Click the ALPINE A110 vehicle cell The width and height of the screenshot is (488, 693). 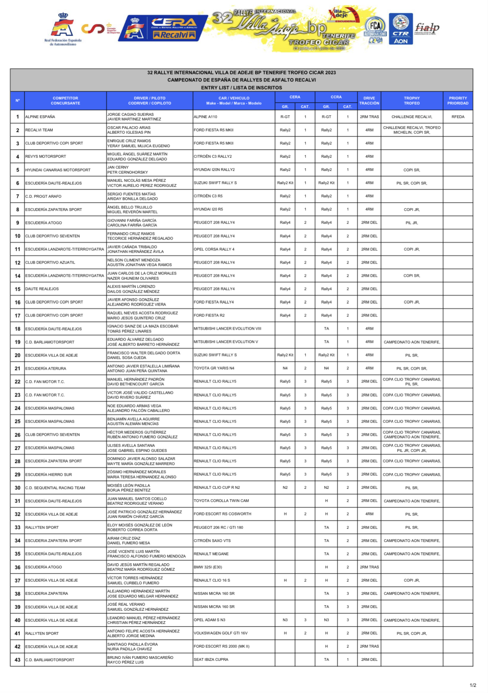[206, 117]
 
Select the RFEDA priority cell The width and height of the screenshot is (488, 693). [458, 117]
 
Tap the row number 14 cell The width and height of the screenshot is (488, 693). [17, 276]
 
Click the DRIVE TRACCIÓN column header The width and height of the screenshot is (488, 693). [369, 101]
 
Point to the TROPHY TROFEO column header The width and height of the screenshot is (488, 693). [412, 101]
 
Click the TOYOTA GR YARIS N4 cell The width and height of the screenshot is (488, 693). [214, 368]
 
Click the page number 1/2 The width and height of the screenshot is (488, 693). [473, 685]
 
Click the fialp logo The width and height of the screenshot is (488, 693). [427, 28]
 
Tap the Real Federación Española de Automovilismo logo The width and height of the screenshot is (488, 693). [63, 30]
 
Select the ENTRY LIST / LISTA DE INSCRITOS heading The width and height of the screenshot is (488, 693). [241, 88]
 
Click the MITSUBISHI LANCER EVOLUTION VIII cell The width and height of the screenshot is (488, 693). [228, 328]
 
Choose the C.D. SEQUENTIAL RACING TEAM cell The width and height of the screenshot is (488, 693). [55, 488]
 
